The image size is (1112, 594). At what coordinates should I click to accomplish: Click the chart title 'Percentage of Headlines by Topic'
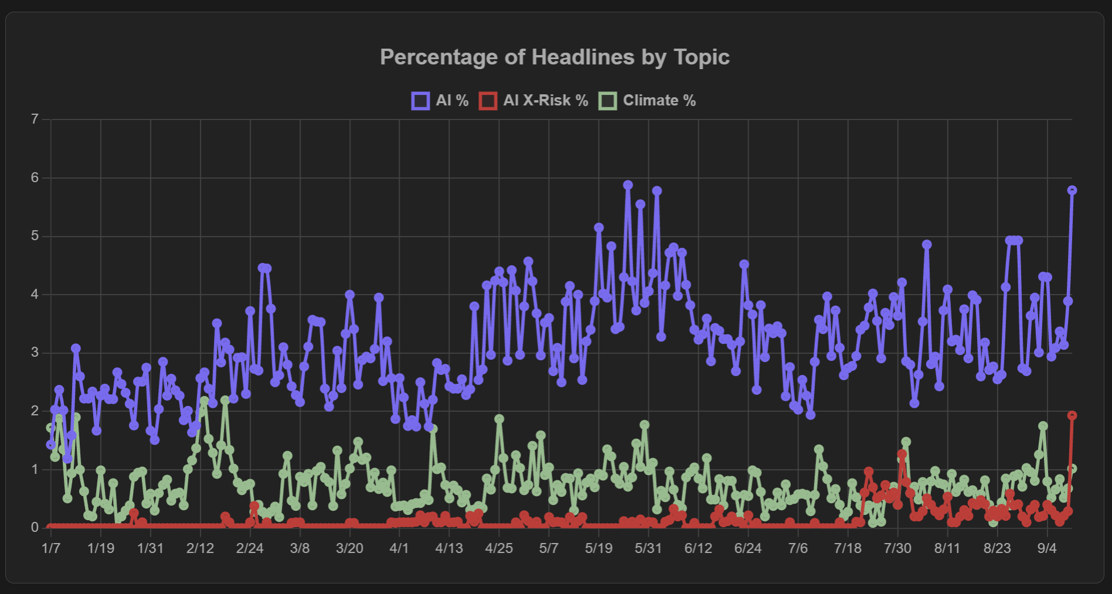point(555,57)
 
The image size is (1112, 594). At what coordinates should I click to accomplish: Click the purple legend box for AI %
point(420,101)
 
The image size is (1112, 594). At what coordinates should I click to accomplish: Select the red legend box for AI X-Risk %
point(488,101)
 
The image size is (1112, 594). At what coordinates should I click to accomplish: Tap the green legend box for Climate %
point(608,101)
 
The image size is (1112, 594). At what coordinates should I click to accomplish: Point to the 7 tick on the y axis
point(35,119)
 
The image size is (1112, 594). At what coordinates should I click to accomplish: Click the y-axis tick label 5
point(35,235)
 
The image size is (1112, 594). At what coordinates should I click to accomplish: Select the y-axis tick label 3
point(35,352)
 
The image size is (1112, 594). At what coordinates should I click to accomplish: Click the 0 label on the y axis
point(35,527)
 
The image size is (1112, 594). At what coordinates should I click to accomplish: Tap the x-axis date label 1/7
point(51,548)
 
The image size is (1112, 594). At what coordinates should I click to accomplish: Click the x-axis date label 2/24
point(250,548)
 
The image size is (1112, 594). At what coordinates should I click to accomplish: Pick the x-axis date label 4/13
point(449,548)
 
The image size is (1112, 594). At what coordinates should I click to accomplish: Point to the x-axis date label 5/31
point(648,548)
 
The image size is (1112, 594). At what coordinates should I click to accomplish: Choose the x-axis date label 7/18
point(848,548)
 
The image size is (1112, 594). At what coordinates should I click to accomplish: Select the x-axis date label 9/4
point(1047,548)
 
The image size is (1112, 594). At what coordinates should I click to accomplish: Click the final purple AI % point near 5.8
point(1072,190)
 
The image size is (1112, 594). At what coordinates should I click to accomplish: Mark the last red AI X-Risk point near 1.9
point(1072,415)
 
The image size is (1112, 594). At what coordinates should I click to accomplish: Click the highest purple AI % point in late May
point(628,185)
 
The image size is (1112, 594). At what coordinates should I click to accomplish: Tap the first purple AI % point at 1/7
point(51,445)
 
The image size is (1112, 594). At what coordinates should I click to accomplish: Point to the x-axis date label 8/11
point(947,548)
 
